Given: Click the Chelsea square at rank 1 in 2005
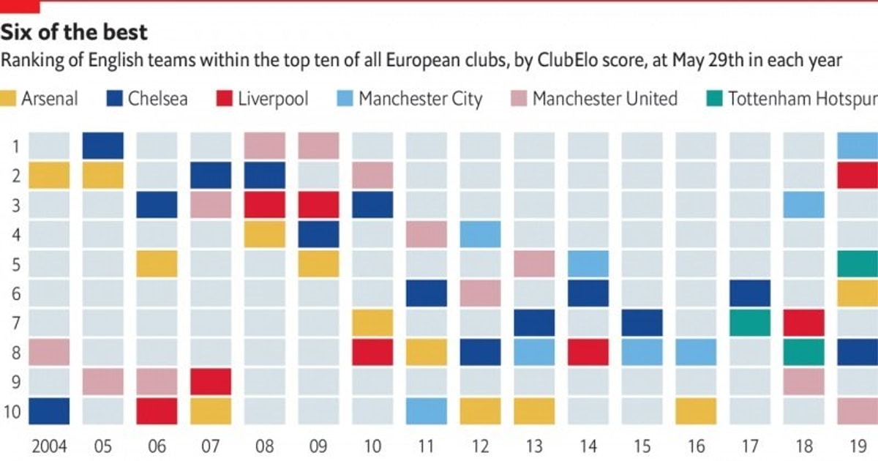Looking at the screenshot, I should click(103, 146).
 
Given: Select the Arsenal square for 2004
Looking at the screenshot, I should click(49, 176).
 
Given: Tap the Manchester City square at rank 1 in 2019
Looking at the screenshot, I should click(858, 146).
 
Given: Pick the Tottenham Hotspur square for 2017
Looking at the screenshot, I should click(750, 323).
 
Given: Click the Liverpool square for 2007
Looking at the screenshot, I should click(211, 381).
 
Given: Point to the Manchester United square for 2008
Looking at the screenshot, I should click(265, 146).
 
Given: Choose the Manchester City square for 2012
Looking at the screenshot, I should click(481, 234).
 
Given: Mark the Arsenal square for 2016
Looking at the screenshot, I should click(696, 411).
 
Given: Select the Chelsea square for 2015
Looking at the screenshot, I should click(642, 323).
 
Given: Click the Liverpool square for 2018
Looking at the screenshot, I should click(804, 323).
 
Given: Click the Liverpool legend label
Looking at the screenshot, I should click(273, 99).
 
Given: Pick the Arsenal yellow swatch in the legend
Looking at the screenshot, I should click(9, 99).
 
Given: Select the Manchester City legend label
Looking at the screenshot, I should click(420, 99).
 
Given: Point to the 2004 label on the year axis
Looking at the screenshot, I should click(49, 446).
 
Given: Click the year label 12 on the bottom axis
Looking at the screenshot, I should click(481, 446).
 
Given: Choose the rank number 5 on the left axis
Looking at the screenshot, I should click(16, 263).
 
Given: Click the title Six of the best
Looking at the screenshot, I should click(74, 32).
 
